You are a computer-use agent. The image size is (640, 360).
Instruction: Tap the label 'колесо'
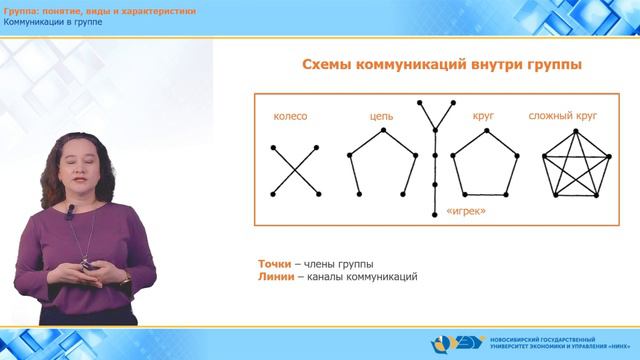[x=289, y=117]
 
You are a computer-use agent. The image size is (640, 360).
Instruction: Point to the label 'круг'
[x=483, y=117]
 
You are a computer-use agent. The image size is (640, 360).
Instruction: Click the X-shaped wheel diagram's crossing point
[x=295, y=170]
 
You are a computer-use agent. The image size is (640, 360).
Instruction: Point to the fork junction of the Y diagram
[x=434, y=128]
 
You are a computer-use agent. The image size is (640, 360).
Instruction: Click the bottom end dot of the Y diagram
[x=434, y=214]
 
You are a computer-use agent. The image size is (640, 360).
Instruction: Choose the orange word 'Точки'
[x=274, y=264]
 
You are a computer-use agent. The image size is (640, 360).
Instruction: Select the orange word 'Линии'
[x=275, y=277]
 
